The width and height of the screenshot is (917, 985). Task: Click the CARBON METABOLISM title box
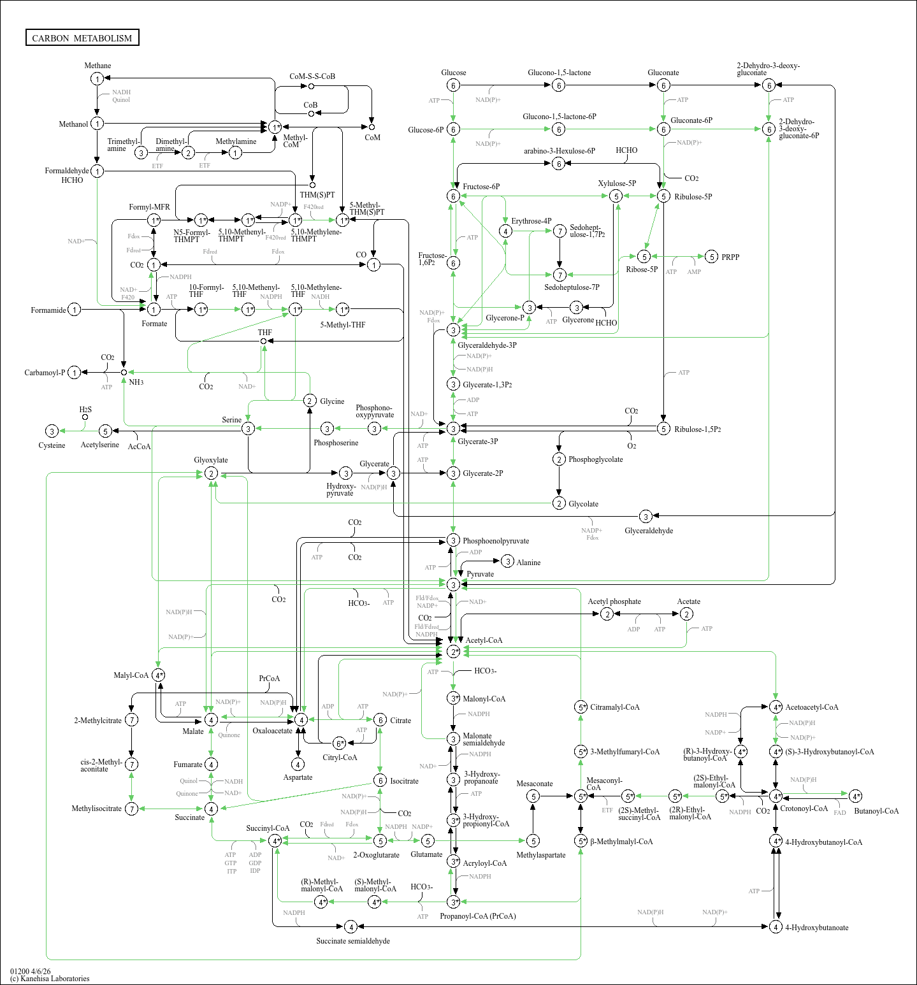(82, 38)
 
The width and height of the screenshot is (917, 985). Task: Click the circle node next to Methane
(97, 78)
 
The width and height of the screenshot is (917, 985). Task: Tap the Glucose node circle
(453, 85)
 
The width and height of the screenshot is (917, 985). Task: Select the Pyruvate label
(480, 574)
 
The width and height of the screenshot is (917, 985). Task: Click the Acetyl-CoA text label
(484, 640)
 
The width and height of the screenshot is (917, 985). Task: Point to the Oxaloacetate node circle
(301, 720)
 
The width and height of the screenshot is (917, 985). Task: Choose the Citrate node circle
(380, 720)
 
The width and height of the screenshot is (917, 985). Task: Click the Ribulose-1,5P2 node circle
(663, 429)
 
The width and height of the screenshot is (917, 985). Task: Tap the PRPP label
(730, 257)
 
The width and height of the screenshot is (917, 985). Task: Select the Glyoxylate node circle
(211, 473)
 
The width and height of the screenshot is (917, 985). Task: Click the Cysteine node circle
(52, 431)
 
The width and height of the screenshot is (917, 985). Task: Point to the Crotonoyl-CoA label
(804, 809)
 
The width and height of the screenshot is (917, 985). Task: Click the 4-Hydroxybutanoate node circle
(776, 927)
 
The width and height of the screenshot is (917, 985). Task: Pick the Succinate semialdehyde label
(353, 941)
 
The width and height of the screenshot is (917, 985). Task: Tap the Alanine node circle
(507, 561)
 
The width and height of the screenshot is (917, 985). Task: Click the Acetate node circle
(686, 614)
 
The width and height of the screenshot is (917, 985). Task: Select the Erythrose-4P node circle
(505, 231)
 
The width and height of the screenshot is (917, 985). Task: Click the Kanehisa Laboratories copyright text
(50, 979)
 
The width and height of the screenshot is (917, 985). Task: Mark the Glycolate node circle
(559, 503)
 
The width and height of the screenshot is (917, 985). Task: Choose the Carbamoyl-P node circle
(75, 373)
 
